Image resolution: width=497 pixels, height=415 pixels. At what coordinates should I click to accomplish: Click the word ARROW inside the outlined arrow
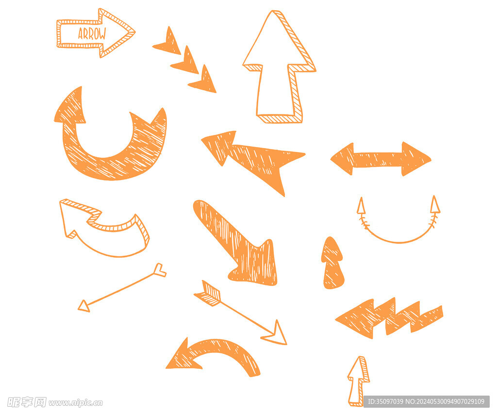pyautogui.click(x=92, y=34)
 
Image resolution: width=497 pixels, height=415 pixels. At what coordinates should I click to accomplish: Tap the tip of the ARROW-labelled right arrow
pyautogui.click(x=135, y=32)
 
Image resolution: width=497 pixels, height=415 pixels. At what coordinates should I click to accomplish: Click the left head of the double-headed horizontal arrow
pyautogui.click(x=342, y=159)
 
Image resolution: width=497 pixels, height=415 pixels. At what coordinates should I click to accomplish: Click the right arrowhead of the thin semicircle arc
pyautogui.click(x=435, y=204)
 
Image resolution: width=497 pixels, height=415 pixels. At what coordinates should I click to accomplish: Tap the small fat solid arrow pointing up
pyautogui.click(x=332, y=263)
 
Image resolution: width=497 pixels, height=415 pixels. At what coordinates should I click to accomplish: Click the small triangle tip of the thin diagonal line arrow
pyautogui.click(x=83, y=306)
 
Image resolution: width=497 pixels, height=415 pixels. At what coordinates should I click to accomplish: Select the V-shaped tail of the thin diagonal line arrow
pyautogui.click(x=160, y=270)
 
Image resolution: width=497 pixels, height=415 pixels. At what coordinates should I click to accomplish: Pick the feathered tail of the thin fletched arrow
pyautogui.click(x=208, y=294)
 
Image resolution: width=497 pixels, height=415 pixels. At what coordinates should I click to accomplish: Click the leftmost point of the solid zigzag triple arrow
pyautogui.click(x=336, y=319)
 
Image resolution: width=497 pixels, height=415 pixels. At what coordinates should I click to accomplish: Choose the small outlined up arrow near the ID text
pyautogui.click(x=358, y=381)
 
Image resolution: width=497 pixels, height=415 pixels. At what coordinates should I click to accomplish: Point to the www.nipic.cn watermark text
pyautogui.click(x=76, y=403)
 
